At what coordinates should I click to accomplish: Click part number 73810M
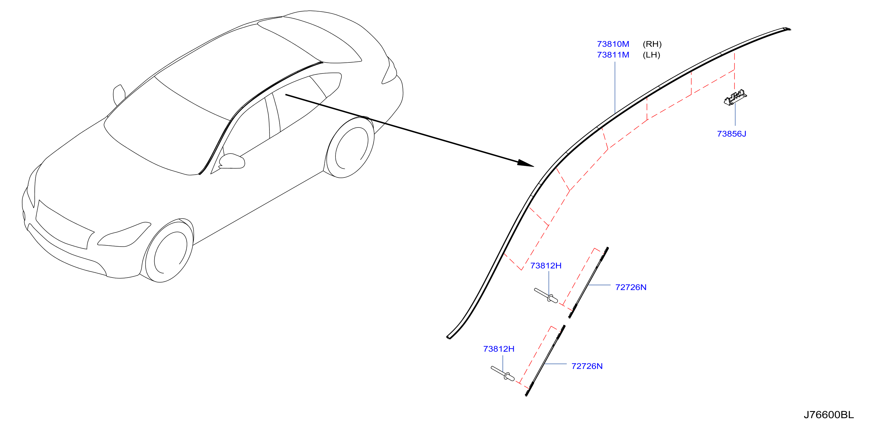[613, 44]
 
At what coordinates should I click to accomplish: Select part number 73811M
[613, 55]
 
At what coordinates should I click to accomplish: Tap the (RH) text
[652, 44]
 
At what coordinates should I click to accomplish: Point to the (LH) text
[651, 55]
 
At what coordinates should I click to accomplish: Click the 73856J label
[731, 134]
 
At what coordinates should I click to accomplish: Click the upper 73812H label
[546, 265]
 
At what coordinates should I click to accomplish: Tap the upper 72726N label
[631, 287]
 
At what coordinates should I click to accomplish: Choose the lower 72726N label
[587, 366]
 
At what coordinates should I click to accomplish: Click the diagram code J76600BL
[829, 415]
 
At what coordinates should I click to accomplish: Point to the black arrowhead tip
[534, 166]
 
